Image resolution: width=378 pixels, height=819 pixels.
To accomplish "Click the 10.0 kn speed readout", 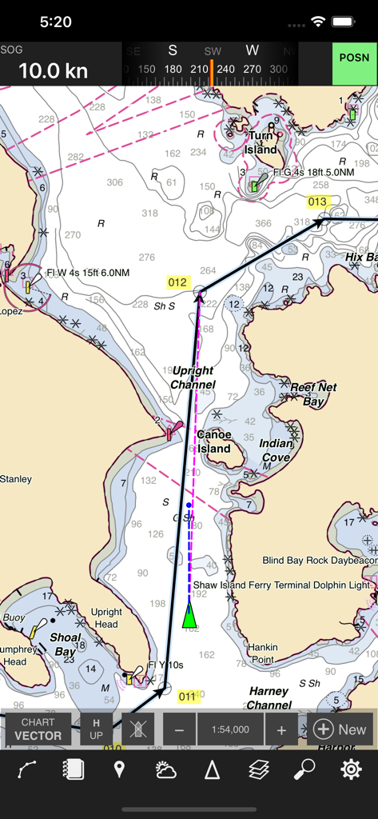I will click(x=53, y=70).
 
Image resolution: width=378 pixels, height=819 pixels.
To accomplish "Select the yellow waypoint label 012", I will click(x=177, y=282).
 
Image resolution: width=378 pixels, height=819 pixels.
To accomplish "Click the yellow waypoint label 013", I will click(x=317, y=202).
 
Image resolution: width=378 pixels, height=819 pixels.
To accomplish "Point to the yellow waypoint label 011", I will click(x=187, y=696).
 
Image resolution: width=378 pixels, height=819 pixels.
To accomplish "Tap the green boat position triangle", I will click(x=189, y=615).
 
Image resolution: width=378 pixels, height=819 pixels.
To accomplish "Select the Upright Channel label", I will click(x=193, y=378).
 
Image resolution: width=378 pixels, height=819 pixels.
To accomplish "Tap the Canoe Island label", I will click(x=213, y=441).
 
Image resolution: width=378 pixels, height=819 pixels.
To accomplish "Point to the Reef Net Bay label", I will click(x=313, y=394).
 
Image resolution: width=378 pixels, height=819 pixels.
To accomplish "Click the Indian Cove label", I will click(x=276, y=450).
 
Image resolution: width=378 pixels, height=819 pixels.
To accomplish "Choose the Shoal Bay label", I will click(x=66, y=644).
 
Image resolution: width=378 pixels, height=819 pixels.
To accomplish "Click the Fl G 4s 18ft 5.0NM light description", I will click(x=313, y=172).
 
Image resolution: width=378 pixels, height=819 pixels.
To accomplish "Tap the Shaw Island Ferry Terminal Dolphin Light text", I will click(x=281, y=585).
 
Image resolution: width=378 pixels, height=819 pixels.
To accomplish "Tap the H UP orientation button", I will click(x=96, y=729).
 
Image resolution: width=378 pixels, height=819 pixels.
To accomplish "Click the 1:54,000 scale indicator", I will click(x=230, y=729).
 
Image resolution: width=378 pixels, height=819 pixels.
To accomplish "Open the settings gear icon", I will click(x=351, y=769).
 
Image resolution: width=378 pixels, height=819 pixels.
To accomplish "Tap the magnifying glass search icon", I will click(x=304, y=769).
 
